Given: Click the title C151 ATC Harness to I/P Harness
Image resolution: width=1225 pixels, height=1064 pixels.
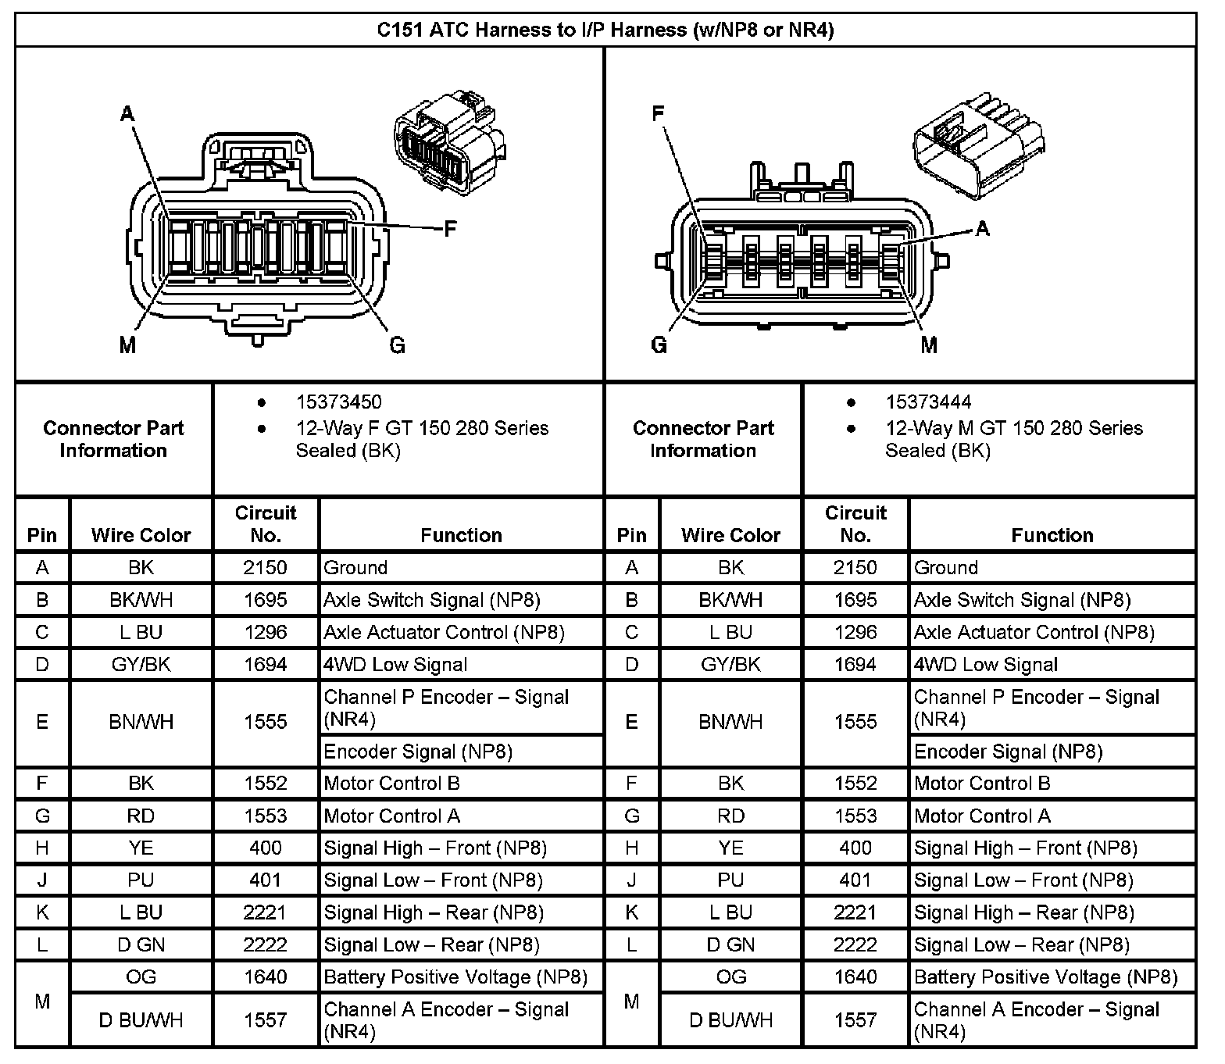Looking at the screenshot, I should tap(605, 30).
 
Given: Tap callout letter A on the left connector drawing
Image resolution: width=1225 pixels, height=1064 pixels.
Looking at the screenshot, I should tap(127, 114).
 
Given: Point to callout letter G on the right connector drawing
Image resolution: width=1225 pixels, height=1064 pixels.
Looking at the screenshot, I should tap(659, 345).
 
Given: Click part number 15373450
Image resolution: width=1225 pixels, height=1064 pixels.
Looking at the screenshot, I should tap(338, 402).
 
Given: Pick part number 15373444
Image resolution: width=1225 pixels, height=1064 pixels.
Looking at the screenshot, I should tap(928, 402).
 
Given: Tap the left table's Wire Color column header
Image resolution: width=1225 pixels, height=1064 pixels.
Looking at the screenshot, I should tap(141, 535).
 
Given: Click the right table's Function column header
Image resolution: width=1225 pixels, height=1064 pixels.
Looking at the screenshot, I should tap(1052, 535).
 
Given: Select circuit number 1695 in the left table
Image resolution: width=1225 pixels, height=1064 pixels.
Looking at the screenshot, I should tap(266, 600).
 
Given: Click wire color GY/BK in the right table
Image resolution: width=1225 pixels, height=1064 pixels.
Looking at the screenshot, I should tap(730, 665).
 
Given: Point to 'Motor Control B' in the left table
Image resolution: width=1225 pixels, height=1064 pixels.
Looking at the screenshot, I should tap(391, 784).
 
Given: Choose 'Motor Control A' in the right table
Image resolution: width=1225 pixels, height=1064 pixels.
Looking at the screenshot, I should tap(982, 816).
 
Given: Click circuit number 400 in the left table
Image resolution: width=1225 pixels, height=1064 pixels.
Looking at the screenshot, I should tap(266, 848).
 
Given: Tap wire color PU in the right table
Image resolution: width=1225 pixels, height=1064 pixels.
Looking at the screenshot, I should tap(730, 880).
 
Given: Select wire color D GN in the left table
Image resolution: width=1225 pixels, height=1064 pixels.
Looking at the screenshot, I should tap(141, 945).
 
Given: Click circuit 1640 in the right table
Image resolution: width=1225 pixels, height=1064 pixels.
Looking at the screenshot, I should tap(855, 977).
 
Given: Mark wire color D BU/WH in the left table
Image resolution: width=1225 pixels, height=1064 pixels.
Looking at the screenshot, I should tap(141, 1020).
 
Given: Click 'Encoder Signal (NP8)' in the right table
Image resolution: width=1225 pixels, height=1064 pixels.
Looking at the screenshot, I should tap(1008, 752).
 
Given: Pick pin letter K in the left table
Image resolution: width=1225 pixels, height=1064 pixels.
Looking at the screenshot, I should tap(42, 912).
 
